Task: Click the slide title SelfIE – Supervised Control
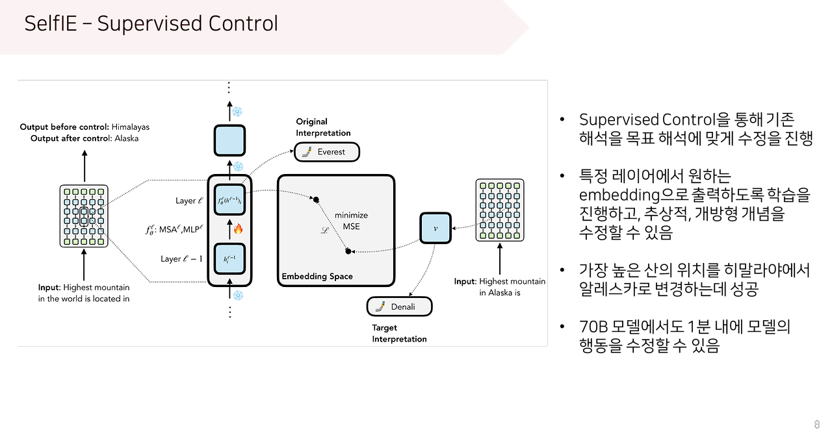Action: (x=151, y=24)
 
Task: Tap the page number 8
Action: (x=816, y=425)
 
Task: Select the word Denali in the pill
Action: (x=403, y=306)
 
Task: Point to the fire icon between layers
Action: (x=237, y=229)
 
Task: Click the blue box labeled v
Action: (x=435, y=227)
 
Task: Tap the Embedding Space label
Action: (x=317, y=277)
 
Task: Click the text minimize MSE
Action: (x=351, y=221)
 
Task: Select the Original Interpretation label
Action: (x=323, y=127)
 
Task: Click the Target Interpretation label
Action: (x=399, y=333)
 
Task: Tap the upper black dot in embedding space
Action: (x=317, y=199)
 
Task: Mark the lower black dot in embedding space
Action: (x=348, y=251)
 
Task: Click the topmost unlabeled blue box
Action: (x=229, y=140)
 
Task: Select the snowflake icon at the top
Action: (x=237, y=112)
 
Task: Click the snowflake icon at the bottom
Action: (x=238, y=295)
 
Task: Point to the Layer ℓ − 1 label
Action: (x=181, y=259)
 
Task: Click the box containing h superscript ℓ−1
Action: (x=229, y=259)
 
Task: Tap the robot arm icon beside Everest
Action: (x=305, y=152)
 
